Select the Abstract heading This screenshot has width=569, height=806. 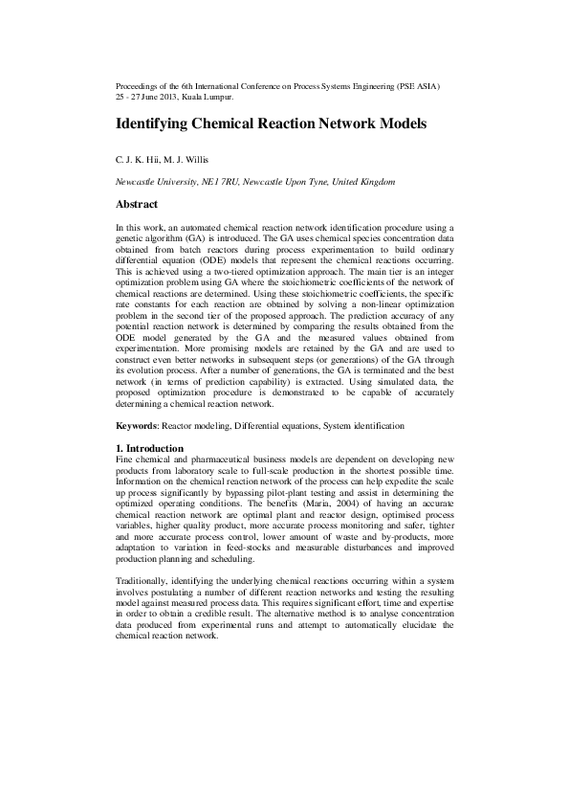(137, 204)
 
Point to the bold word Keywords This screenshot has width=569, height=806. (136, 425)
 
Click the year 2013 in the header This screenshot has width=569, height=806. (165, 98)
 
